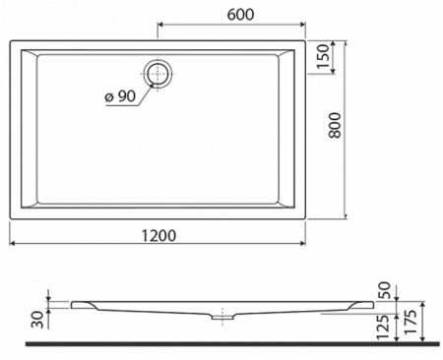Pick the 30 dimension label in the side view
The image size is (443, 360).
[36, 317]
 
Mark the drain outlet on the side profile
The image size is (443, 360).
[221, 317]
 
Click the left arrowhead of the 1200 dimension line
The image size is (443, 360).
[13, 245]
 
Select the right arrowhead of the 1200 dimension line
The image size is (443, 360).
[302, 245]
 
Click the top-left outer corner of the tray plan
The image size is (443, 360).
[10, 41]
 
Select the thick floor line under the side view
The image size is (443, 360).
[221, 343]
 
